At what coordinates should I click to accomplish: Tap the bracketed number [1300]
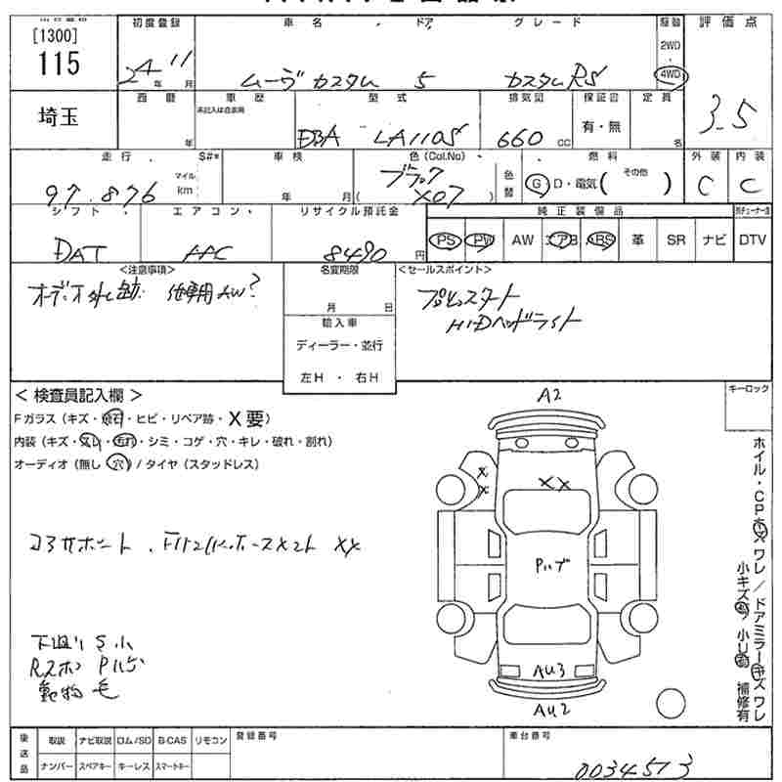tap(57, 34)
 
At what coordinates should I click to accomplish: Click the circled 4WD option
tap(672, 75)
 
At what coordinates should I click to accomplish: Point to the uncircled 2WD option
tap(671, 46)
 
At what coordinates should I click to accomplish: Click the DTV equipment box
tap(753, 239)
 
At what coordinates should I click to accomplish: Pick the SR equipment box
tap(674, 239)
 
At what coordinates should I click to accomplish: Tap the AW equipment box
tap(523, 239)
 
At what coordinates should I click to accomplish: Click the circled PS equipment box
tap(447, 239)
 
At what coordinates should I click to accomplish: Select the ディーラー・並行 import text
tap(338, 345)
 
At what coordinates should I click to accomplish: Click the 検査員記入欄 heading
tap(79, 396)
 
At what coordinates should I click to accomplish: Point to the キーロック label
tap(749, 389)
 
